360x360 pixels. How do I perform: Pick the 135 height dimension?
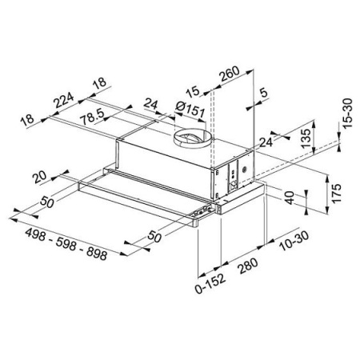(304, 136)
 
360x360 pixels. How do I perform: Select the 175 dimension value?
(336, 193)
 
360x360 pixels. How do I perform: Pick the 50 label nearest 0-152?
(156, 238)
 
